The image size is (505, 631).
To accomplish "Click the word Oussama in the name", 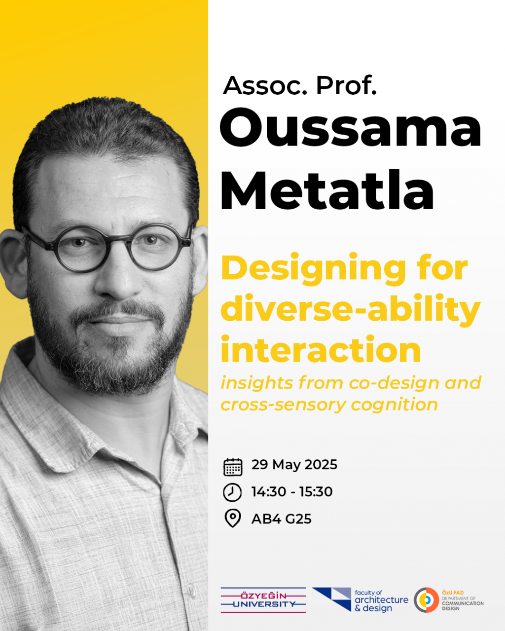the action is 351,127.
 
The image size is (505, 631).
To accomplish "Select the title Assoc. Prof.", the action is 299,85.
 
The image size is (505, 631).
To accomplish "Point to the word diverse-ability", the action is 351,310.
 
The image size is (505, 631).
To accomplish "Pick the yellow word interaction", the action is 321,349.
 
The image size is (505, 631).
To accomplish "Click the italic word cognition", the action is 394,405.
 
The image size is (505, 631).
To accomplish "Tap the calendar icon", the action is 233,467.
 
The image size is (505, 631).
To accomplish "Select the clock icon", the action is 232,492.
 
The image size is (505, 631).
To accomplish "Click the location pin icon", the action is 233,518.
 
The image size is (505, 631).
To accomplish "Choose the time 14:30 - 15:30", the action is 292,492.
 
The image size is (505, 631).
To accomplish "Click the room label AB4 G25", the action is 282,519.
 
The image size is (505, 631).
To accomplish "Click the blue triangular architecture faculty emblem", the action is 332,599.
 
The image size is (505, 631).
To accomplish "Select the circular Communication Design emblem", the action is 427,600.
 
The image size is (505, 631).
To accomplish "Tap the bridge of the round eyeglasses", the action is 119,240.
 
